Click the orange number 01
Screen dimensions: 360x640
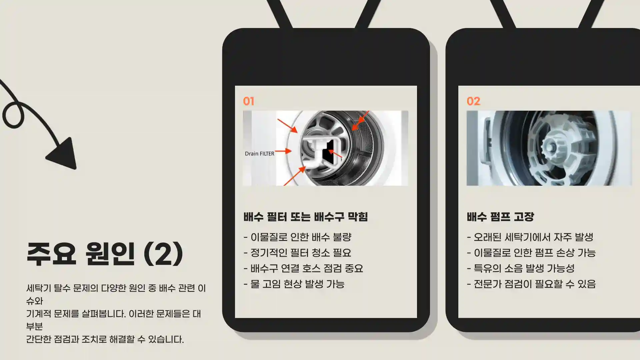[249, 101]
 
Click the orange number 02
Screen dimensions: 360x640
[473, 101]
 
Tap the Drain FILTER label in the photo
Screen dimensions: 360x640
[259, 154]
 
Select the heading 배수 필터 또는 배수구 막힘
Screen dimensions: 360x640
[305, 217]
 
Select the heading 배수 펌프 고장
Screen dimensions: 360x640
[500, 217]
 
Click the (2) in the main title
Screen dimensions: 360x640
[163, 254]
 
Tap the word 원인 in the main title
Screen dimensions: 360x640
[110, 254]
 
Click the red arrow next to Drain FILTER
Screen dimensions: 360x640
[284, 151]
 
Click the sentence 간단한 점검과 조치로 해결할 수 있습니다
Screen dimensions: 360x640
[105, 339]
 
